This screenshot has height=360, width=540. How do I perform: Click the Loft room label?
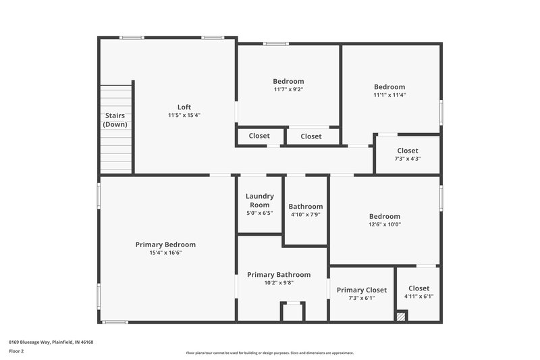point(184,107)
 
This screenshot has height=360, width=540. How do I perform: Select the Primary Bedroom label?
point(165,245)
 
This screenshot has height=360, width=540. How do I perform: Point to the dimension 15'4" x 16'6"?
point(165,253)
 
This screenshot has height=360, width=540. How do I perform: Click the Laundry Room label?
point(259,200)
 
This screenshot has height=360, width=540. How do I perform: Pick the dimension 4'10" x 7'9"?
point(305,215)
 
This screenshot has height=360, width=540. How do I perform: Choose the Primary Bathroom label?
point(279,274)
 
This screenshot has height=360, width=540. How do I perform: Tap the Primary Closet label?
point(362,290)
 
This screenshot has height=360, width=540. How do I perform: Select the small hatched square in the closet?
point(402,315)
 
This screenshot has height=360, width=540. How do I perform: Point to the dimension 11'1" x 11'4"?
point(389,95)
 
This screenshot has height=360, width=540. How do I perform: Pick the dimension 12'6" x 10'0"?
point(384,225)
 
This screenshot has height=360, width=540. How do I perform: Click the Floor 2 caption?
point(16,351)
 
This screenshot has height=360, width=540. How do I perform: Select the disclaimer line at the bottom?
point(269,353)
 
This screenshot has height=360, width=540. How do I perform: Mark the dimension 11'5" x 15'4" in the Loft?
point(184,115)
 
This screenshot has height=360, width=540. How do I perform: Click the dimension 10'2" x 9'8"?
point(279,283)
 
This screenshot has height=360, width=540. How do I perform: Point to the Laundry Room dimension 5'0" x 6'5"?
point(259,213)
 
